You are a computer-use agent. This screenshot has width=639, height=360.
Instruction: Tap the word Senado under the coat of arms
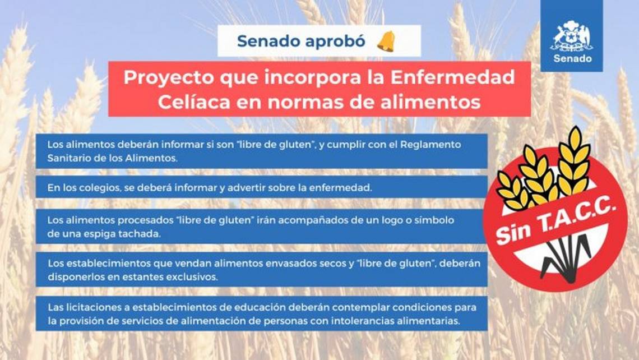point(572,59)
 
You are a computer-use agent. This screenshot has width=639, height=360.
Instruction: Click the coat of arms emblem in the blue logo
point(572,36)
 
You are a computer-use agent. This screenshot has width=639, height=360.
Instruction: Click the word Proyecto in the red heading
point(168,78)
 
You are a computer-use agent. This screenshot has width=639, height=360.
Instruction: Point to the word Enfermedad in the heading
point(452,77)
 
